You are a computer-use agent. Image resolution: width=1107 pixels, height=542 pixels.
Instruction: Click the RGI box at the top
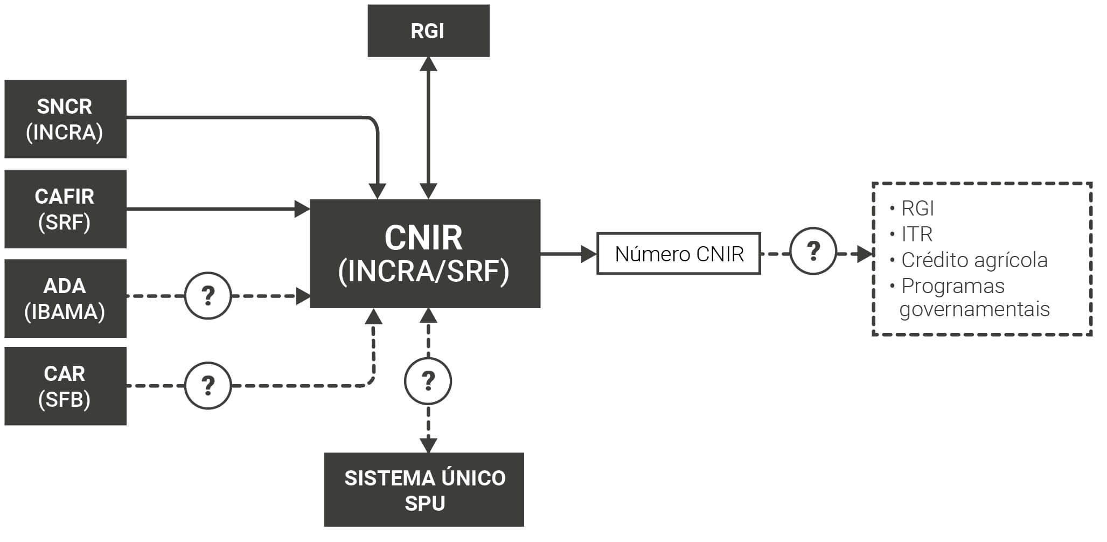pyautogui.click(x=428, y=31)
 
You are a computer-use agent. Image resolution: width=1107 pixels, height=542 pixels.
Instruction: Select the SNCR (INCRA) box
pyautogui.click(x=65, y=119)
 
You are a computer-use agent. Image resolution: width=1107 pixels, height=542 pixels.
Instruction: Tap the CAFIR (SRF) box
pyautogui.click(x=65, y=209)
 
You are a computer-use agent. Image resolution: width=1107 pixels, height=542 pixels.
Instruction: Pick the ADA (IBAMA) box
pyautogui.click(x=65, y=298)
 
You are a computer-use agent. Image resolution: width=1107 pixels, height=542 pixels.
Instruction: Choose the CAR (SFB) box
pyautogui.click(x=65, y=386)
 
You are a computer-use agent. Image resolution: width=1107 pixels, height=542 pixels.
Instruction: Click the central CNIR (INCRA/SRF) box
pyautogui.click(x=424, y=254)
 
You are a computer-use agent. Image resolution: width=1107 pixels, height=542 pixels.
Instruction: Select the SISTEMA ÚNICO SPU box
pyautogui.click(x=424, y=490)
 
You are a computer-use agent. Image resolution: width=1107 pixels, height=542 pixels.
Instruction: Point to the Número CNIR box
pyautogui.click(x=678, y=254)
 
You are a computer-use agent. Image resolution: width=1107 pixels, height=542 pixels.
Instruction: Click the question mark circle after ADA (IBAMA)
pyautogui.click(x=208, y=296)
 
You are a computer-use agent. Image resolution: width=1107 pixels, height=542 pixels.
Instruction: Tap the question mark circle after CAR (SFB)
pyautogui.click(x=208, y=386)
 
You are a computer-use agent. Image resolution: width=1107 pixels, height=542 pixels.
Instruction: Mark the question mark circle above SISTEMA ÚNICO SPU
pyautogui.click(x=428, y=381)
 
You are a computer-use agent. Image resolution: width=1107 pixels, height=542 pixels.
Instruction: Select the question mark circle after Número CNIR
pyautogui.click(x=813, y=251)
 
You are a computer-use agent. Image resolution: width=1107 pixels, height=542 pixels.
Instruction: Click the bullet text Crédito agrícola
pyautogui.click(x=974, y=260)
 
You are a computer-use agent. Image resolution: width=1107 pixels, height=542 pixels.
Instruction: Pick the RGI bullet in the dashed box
pyautogui.click(x=917, y=209)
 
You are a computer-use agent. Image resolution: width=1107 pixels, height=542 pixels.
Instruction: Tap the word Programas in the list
pyautogui.click(x=952, y=286)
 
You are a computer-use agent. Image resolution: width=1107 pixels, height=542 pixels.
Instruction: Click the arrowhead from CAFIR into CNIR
pyautogui.click(x=303, y=209)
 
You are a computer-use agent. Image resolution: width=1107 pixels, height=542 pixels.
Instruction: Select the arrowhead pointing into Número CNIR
pyautogui.click(x=589, y=254)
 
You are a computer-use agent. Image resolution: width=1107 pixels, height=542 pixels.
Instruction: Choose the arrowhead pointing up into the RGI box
pyautogui.click(x=428, y=64)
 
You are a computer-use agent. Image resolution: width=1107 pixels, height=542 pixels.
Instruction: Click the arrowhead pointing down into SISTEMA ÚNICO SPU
pyautogui.click(x=428, y=445)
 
